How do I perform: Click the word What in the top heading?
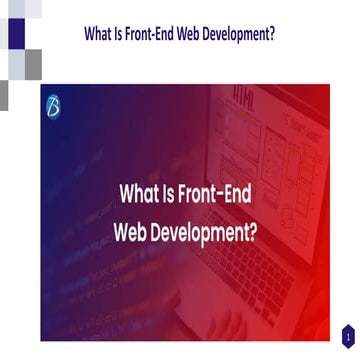pos(101,33)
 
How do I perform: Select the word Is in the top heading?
pos(125,33)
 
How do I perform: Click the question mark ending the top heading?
pos(274,33)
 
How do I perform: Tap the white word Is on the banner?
pos(169,193)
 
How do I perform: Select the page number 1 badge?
pos(347,336)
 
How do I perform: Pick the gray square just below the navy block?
pos(33,63)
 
